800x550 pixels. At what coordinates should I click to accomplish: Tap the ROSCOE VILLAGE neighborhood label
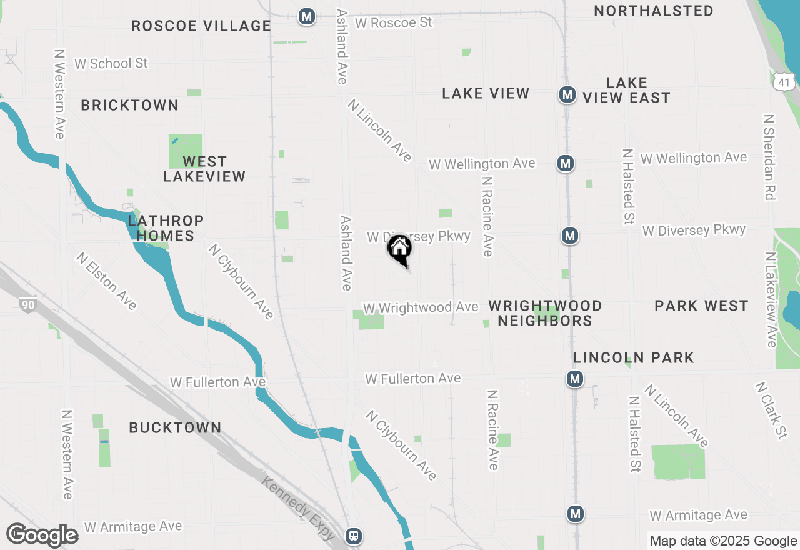[x=201, y=26]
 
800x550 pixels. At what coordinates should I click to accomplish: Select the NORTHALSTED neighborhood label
[x=653, y=11]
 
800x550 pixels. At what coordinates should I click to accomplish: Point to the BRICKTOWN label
[x=129, y=105]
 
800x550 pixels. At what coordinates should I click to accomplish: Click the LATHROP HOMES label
[x=166, y=228]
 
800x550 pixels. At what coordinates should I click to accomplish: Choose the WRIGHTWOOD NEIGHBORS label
[x=545, y=313]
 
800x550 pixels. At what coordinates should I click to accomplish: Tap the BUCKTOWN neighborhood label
[x=175, y=427]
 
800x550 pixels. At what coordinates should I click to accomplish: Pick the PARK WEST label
[x=701, y=306]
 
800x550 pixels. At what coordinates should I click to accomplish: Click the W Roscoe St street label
[x=393, y=23]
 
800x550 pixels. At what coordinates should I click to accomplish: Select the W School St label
[x=111, y=63]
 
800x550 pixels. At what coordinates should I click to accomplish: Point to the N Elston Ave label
[x=106, y=281]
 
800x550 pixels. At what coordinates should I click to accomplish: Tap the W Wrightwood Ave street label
[x=421, y=307]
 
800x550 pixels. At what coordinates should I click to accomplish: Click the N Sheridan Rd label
[x=769, y=156]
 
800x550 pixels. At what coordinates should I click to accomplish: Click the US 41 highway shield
[x=784, y=79]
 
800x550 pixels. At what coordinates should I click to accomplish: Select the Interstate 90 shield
[x=27, y=305]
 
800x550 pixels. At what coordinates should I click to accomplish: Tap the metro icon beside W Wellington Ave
[x=566, y=163]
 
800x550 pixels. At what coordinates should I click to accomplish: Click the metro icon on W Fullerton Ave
[x=575, y=379]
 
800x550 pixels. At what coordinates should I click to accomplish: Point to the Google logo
[x=42, y=536]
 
